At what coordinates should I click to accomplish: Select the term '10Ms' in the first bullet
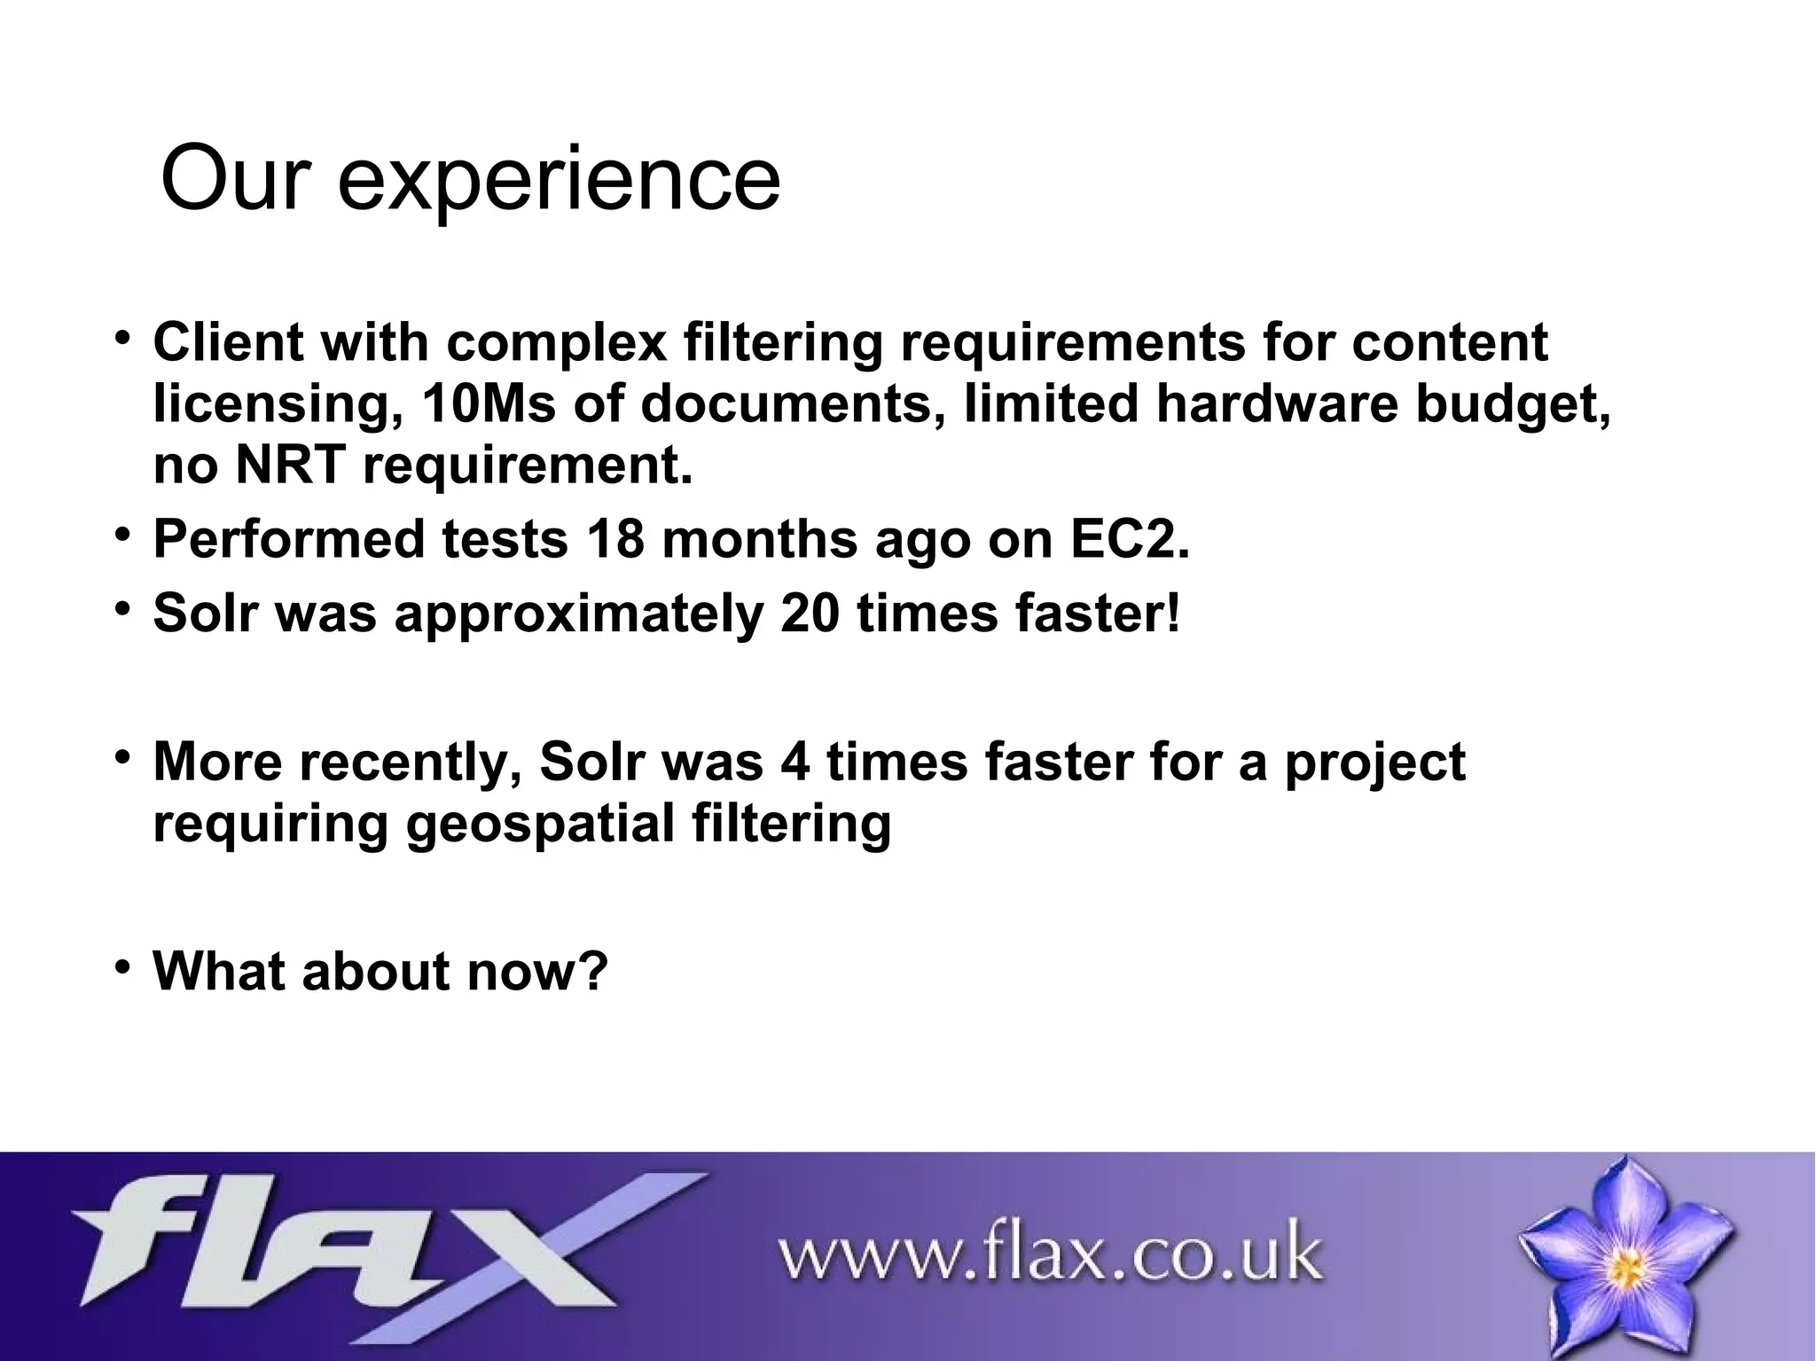(489, 404)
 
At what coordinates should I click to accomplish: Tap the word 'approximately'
(578, 614)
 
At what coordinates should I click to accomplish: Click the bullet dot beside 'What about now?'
(123, 965)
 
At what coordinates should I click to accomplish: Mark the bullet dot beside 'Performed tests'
(123, 534)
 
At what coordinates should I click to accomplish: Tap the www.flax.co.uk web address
(1050, 1254)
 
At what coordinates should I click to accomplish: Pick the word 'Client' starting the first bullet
(229, 342)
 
